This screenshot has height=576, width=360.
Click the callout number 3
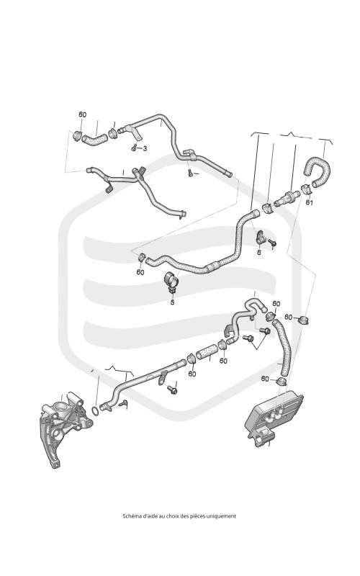(x=145, y=148)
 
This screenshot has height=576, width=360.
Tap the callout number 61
(x=310, y=202)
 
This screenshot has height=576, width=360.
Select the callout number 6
(x=259, y=253)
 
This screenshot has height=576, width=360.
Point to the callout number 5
(x=172, y=302)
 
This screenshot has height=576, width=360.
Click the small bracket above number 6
(x=261, y=237)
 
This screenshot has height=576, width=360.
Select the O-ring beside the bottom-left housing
(x=94, y=410)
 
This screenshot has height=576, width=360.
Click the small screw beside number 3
(x=134, y=148)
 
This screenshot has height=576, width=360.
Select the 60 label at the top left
(x=83, y=114)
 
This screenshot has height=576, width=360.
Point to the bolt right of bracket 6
(x=273, y=243)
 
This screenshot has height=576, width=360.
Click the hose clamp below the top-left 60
(x=78, y=135)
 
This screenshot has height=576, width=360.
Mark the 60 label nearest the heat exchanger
(x=265, y=379)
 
